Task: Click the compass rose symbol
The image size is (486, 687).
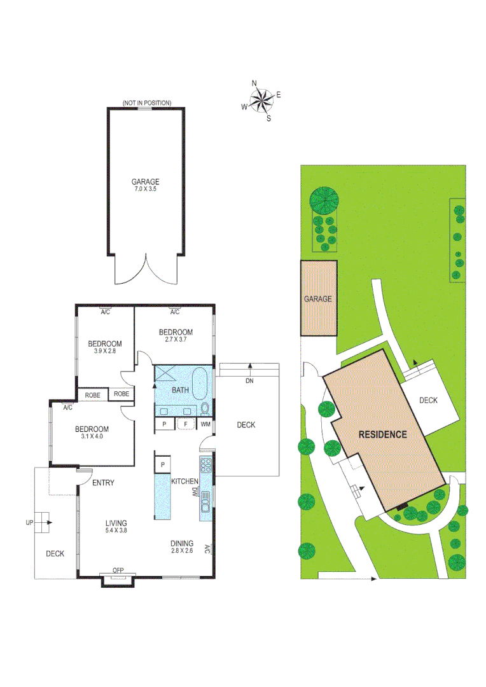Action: pyautogui.click(x=261, y=100)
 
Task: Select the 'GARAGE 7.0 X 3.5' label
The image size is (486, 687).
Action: pyautogui.click(x=146, y=184)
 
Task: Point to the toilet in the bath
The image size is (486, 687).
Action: pyautogui.click(x=204, y=408)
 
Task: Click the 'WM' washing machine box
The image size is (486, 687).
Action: pyautogui.click(x=205, y=424)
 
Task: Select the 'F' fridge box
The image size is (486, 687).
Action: pyautogui.click(x=185, y=424)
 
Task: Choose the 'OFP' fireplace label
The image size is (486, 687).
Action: pyautogui.click(x=118, y=570)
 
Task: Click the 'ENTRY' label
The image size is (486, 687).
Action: pyautogui.click(x=103, y=483)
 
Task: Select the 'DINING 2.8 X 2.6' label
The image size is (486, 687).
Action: pyautogui.click(x=181, y=546)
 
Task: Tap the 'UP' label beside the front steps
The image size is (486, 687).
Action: pyautogui.click(x=29, y=522)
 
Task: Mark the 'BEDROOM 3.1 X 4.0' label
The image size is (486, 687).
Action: pyautogui.click(x=92, y=433)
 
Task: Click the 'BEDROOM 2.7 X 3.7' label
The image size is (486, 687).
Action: pyautogui.click(x=176, y=335)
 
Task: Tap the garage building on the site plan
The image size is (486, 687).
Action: pyautogui.click(x=319, y=298)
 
